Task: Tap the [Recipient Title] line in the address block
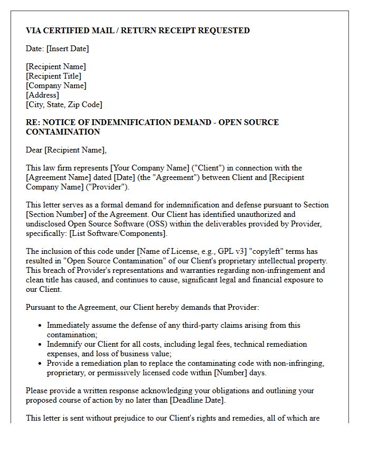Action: tap(54, 76)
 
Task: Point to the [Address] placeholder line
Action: tap(42, 95)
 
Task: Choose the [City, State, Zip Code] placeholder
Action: tap(64, 104)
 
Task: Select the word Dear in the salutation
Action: tap(34, 150)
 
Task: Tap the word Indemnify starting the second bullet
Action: tap(64, 344)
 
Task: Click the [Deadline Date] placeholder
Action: tap(195, 400)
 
